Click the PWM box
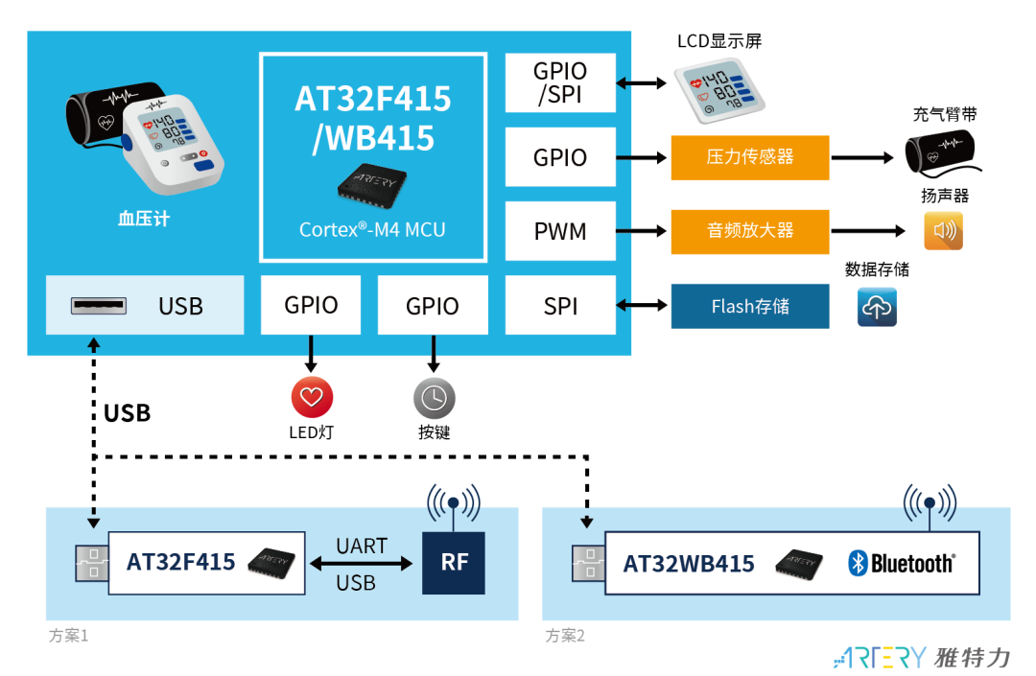(x=560, y=231)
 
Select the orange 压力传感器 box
(x=749, y=156)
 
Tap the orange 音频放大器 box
(x=749, y=231)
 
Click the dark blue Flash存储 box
(x=749, y=306)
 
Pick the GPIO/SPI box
(x=560, y=82)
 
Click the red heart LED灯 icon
(x=312, y=397)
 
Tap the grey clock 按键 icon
(x=434, y=397)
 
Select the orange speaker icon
(x=943, y=231)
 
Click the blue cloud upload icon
(x=877, y=307)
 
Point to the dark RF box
(x=454, y=562)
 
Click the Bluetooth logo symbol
(x=858, y=563)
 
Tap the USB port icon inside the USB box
(x=98, y=306)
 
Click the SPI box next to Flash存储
(x=560, y=306)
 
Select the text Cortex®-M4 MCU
(x=372, y=229)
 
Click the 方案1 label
(x=68, y=636)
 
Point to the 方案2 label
(x=565, y=636)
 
